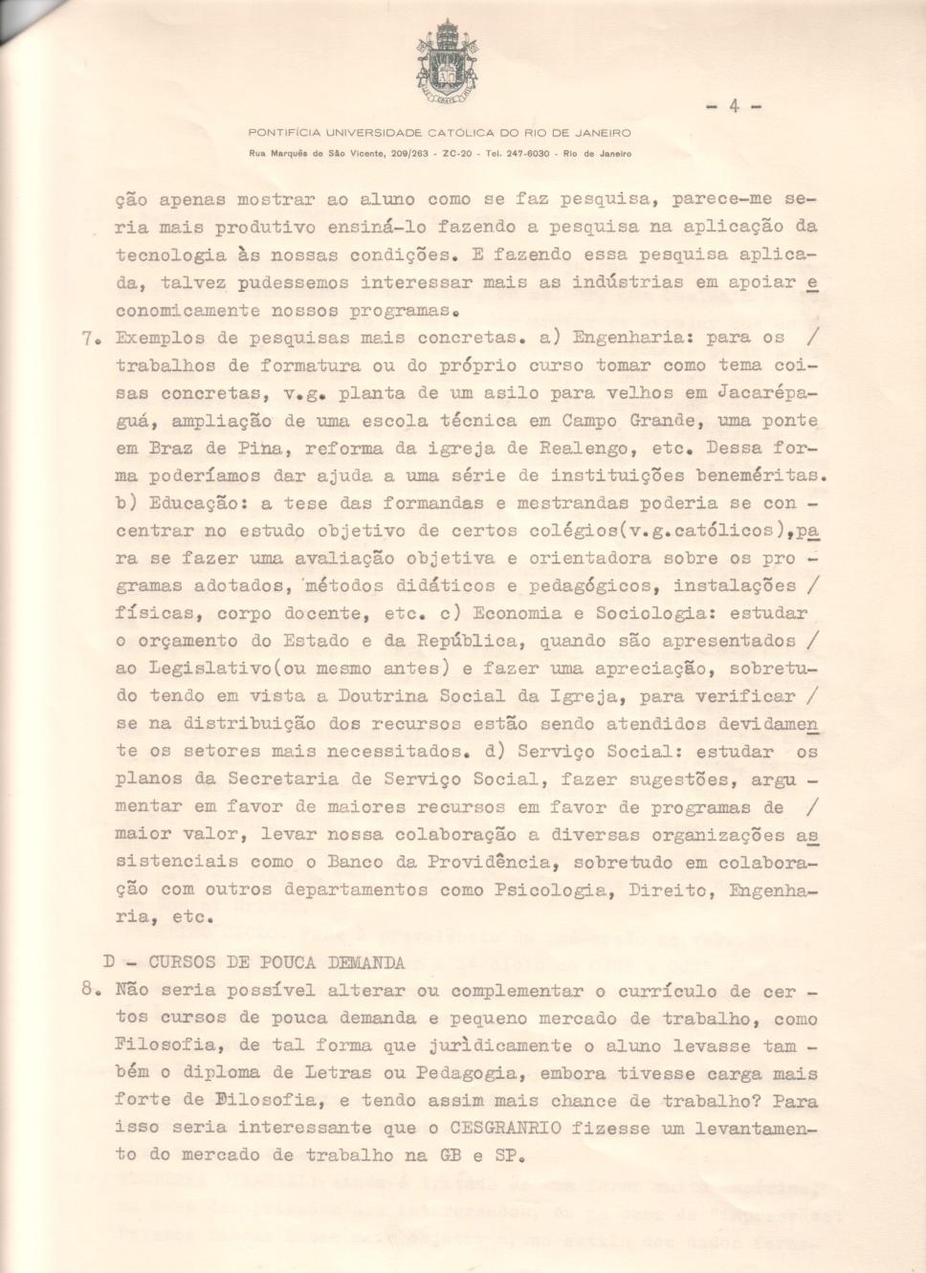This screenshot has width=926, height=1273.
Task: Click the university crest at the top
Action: (x=447, y=62)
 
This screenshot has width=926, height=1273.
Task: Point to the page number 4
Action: (x=734, y=106)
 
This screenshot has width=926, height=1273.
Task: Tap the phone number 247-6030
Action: (x=527, y=154)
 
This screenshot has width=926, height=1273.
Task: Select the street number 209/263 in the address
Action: (x=408, y=154)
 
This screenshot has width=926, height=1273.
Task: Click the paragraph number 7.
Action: (x=89, y=338)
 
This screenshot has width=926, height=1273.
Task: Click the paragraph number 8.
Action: (x=89, y=991)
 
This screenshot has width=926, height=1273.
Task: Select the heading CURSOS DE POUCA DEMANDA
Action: (x=276, y=962)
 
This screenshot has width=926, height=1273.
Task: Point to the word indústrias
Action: (x=628, y=282)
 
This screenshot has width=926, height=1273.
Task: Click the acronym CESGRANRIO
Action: (x=504, y=1129)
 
